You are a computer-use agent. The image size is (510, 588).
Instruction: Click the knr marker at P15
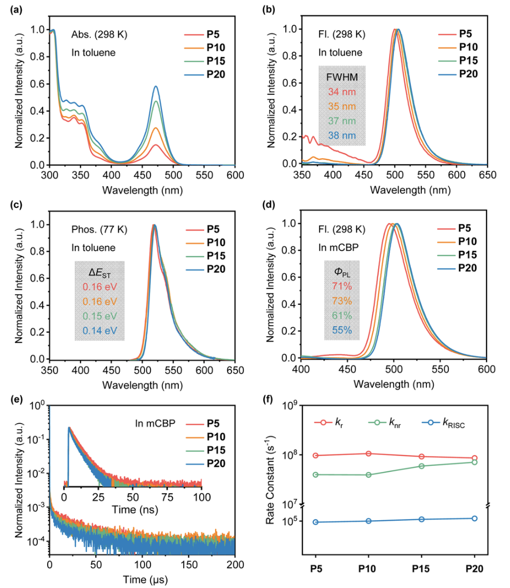tap(421, 466)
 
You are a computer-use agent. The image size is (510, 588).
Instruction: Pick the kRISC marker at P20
tap(474, 518)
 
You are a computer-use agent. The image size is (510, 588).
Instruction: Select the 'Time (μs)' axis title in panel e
tap(142, 578)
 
